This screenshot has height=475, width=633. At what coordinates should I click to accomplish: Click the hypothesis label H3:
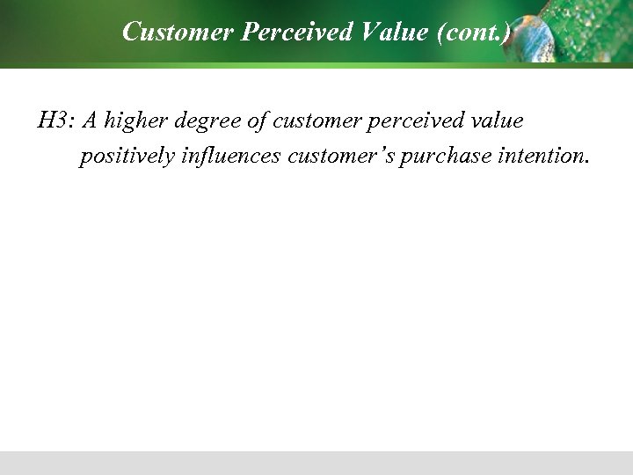[x=55, y=121]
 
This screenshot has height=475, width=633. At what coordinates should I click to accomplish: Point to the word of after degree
[x=257, y=121]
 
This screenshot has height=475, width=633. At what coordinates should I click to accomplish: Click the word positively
[x=127, y=157]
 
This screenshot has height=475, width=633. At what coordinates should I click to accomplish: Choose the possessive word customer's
[x=341, y=157]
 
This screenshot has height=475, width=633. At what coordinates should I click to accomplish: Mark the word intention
[x=537, y=157]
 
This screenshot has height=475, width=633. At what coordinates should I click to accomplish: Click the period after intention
[x=586, y=163]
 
